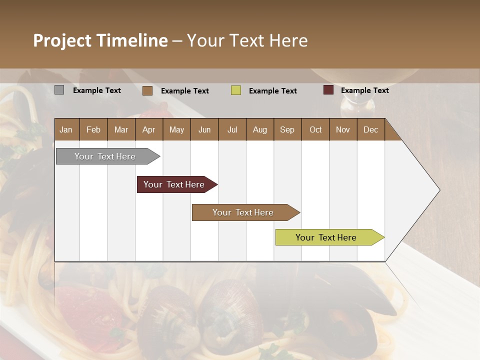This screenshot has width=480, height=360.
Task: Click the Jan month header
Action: coord(66,130)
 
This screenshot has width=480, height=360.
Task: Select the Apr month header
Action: coord(149,130)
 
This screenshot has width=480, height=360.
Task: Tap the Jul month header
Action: coord(232,130)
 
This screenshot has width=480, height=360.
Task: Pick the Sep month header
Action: coord(287,130)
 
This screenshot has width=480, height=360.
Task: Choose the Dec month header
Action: coord(370,130)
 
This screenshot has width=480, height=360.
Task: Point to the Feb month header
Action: coord(93,130)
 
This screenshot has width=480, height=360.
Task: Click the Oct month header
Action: coord(315,130)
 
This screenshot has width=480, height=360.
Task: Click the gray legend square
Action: coord(59,90)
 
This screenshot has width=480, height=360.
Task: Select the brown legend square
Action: coord(147,90)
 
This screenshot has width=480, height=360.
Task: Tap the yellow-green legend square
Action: coord(236,90)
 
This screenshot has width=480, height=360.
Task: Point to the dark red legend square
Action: coord(328,90)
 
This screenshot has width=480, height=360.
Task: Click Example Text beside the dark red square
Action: coord(364,90)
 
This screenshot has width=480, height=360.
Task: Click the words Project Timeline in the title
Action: coord(100,40)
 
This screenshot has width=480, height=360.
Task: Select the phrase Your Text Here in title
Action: coord(247,40)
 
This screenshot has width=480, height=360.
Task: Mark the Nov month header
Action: coord(343,130)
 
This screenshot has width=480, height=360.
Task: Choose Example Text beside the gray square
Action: coord(97,90)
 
